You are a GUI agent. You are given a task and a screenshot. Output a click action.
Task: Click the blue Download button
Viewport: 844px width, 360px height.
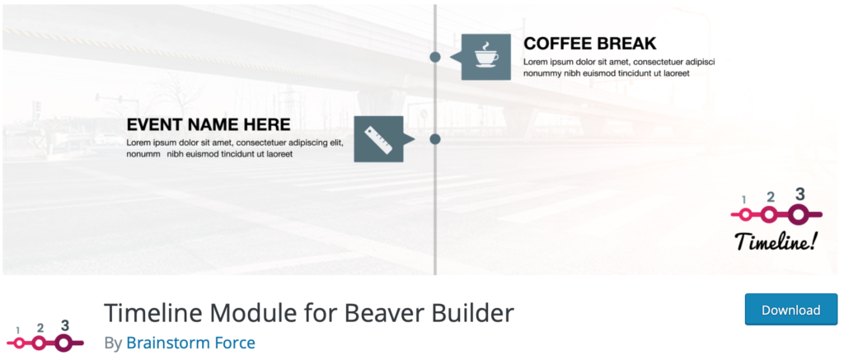pyautogui.click(x=790, y=310)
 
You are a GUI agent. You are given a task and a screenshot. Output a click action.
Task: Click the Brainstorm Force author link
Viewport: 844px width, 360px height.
pyautogui.click(x=190, y=343)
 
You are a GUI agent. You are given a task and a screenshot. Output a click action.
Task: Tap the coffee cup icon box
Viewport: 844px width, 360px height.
pyautogui.click(x=486, y=57)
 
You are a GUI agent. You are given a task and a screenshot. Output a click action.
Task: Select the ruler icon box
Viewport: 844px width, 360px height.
pyautogui.click(x=378, y=139)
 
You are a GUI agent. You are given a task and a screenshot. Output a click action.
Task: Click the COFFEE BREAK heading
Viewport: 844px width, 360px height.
pyautogui.click(x=590, y=43)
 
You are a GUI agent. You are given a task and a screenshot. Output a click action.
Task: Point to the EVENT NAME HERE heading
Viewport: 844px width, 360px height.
pyautogui.click(x=209, y=124)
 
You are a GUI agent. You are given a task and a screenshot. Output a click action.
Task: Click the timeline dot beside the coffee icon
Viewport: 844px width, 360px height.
pyautogui.click(x=435, y=57)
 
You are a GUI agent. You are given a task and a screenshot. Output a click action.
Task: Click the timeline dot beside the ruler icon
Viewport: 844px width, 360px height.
pyautogui.click(x=435, y=139)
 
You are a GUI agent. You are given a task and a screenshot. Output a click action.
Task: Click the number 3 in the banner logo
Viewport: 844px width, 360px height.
pyautogui.click(x=799, y=194)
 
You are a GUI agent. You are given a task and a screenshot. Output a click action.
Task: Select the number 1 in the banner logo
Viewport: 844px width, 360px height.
pyautogui.click(x=743, y=200)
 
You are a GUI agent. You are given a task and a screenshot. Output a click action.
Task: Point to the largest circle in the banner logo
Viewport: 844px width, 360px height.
pyautogui.click(x=797, y=215)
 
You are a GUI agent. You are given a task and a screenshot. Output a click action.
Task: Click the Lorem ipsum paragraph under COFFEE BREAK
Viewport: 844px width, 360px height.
pyautogui.click(x=618, y=68)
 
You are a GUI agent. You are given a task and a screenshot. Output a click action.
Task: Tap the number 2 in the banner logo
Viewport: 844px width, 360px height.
pyautogui.click(x=771, y=197)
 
